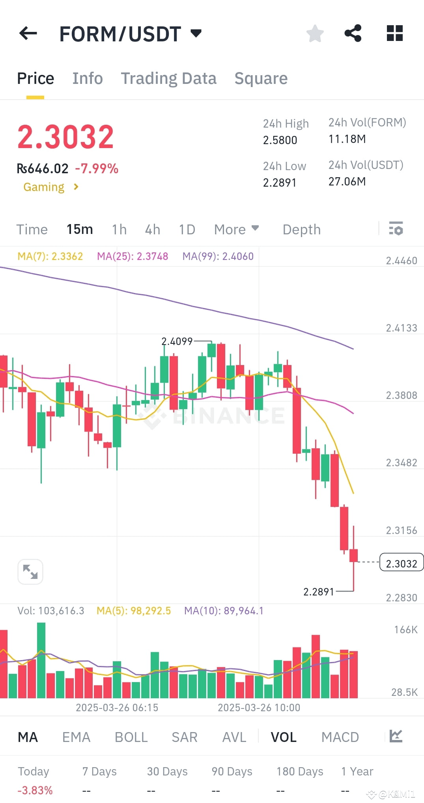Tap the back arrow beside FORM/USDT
point(28,33)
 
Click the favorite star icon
point(315,33)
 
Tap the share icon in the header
point(353,33)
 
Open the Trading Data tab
point(168,78)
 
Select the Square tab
point(261,78)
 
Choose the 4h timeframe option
point(152,229)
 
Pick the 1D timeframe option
point(187,229)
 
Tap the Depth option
point(302,229)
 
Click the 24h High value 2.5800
point(280,140)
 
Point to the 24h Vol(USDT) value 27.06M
point(347,182)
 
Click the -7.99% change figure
point(97,169)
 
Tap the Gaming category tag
point(44,187)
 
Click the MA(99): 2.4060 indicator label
point(218,256)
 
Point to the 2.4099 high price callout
point(177,341)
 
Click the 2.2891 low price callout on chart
point(319,592)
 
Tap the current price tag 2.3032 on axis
point(401,564)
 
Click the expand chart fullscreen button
point(30,571)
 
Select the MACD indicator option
point(340,737)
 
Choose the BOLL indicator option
point(131,737)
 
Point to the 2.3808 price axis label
point(401,395)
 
